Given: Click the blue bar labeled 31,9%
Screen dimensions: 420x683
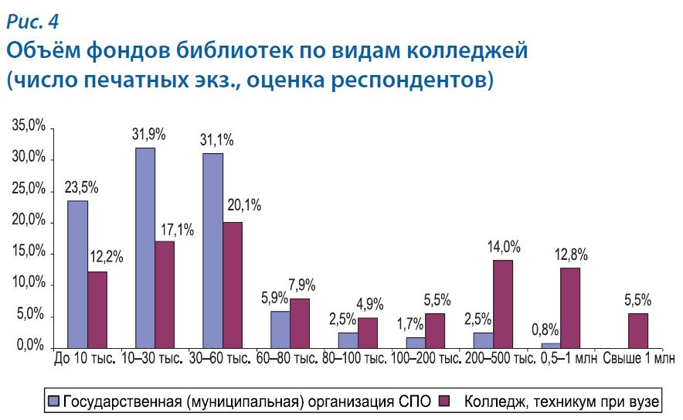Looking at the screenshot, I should point(145,248).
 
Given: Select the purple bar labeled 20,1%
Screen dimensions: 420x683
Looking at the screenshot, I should point(232,285).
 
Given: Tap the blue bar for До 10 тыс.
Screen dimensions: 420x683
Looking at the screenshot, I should point(77,274).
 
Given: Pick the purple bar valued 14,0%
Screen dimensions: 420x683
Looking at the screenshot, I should point(503,304).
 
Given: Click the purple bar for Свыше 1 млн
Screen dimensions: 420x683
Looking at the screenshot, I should point(638,330).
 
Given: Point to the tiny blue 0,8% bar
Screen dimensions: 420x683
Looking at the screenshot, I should point(550,345).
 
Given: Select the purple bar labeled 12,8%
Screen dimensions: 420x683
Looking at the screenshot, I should point(570,307).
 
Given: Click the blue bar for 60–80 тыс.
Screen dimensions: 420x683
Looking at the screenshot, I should point(280,330).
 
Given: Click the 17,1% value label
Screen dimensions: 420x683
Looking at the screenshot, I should point(177,229).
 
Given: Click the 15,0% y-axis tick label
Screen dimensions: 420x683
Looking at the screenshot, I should point(29,254).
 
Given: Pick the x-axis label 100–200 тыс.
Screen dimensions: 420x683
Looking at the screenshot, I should point(423,360).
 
